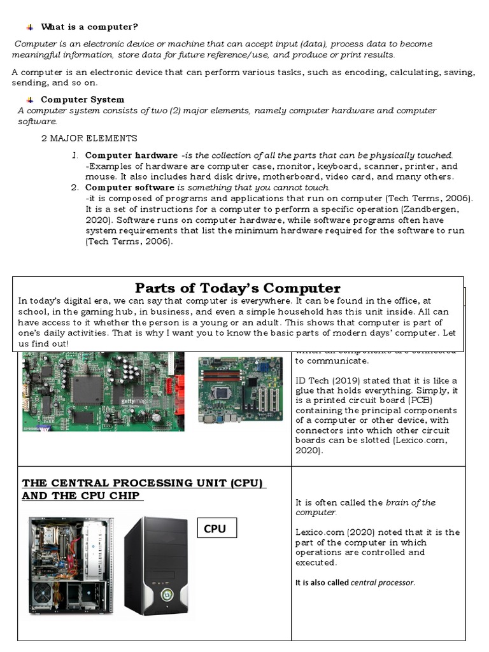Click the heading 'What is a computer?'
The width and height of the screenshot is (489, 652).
click(89, 27)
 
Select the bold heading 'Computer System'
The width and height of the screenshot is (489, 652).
click(82, 99)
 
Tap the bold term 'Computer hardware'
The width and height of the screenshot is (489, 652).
click(131, 155)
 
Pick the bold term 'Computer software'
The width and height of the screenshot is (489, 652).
click(129, 187)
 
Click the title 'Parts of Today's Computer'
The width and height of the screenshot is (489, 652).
click(237, 288)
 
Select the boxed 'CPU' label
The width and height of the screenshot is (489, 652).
click(215, 528)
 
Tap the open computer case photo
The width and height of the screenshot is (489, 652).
click(71, 564)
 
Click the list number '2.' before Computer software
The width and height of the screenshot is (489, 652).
click(75, 187)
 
